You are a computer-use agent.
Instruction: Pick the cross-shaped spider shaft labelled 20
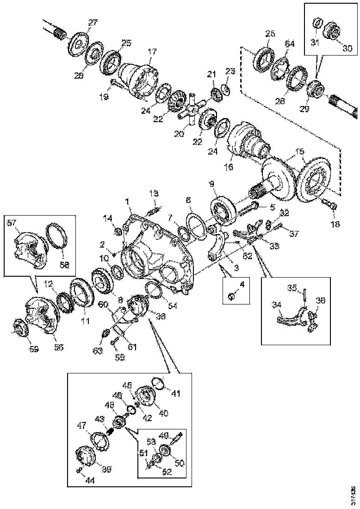(x=190, y=112)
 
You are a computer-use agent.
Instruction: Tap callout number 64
(x=289, y=44)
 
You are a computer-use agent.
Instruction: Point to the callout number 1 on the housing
(x=127, y=202)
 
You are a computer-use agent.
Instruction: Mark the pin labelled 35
(x=305, y=296)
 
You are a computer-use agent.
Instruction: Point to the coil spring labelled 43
(x=110, y=431)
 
